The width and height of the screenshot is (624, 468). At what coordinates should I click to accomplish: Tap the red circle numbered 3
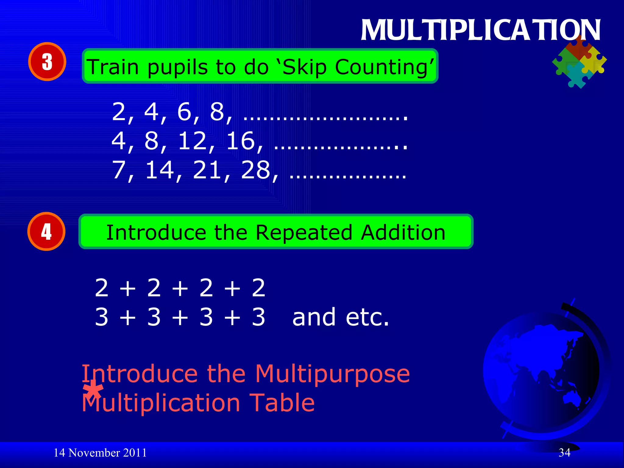tap(47, 62)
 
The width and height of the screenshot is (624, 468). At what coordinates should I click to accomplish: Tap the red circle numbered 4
tap(46, 232)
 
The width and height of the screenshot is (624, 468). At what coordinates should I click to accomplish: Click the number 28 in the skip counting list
tap(255, 170)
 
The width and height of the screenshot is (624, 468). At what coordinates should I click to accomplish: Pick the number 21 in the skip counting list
tap(207, 170)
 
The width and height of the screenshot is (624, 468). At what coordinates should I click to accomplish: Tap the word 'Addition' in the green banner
tap(403, 233)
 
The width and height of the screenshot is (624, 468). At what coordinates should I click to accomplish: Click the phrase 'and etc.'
tap(340, 317)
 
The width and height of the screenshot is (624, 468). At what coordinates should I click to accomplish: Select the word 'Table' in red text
tap(282, 403)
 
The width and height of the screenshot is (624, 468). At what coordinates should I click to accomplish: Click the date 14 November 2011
tap(100, 453)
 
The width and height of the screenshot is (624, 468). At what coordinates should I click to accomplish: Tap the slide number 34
tap(564, 453)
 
